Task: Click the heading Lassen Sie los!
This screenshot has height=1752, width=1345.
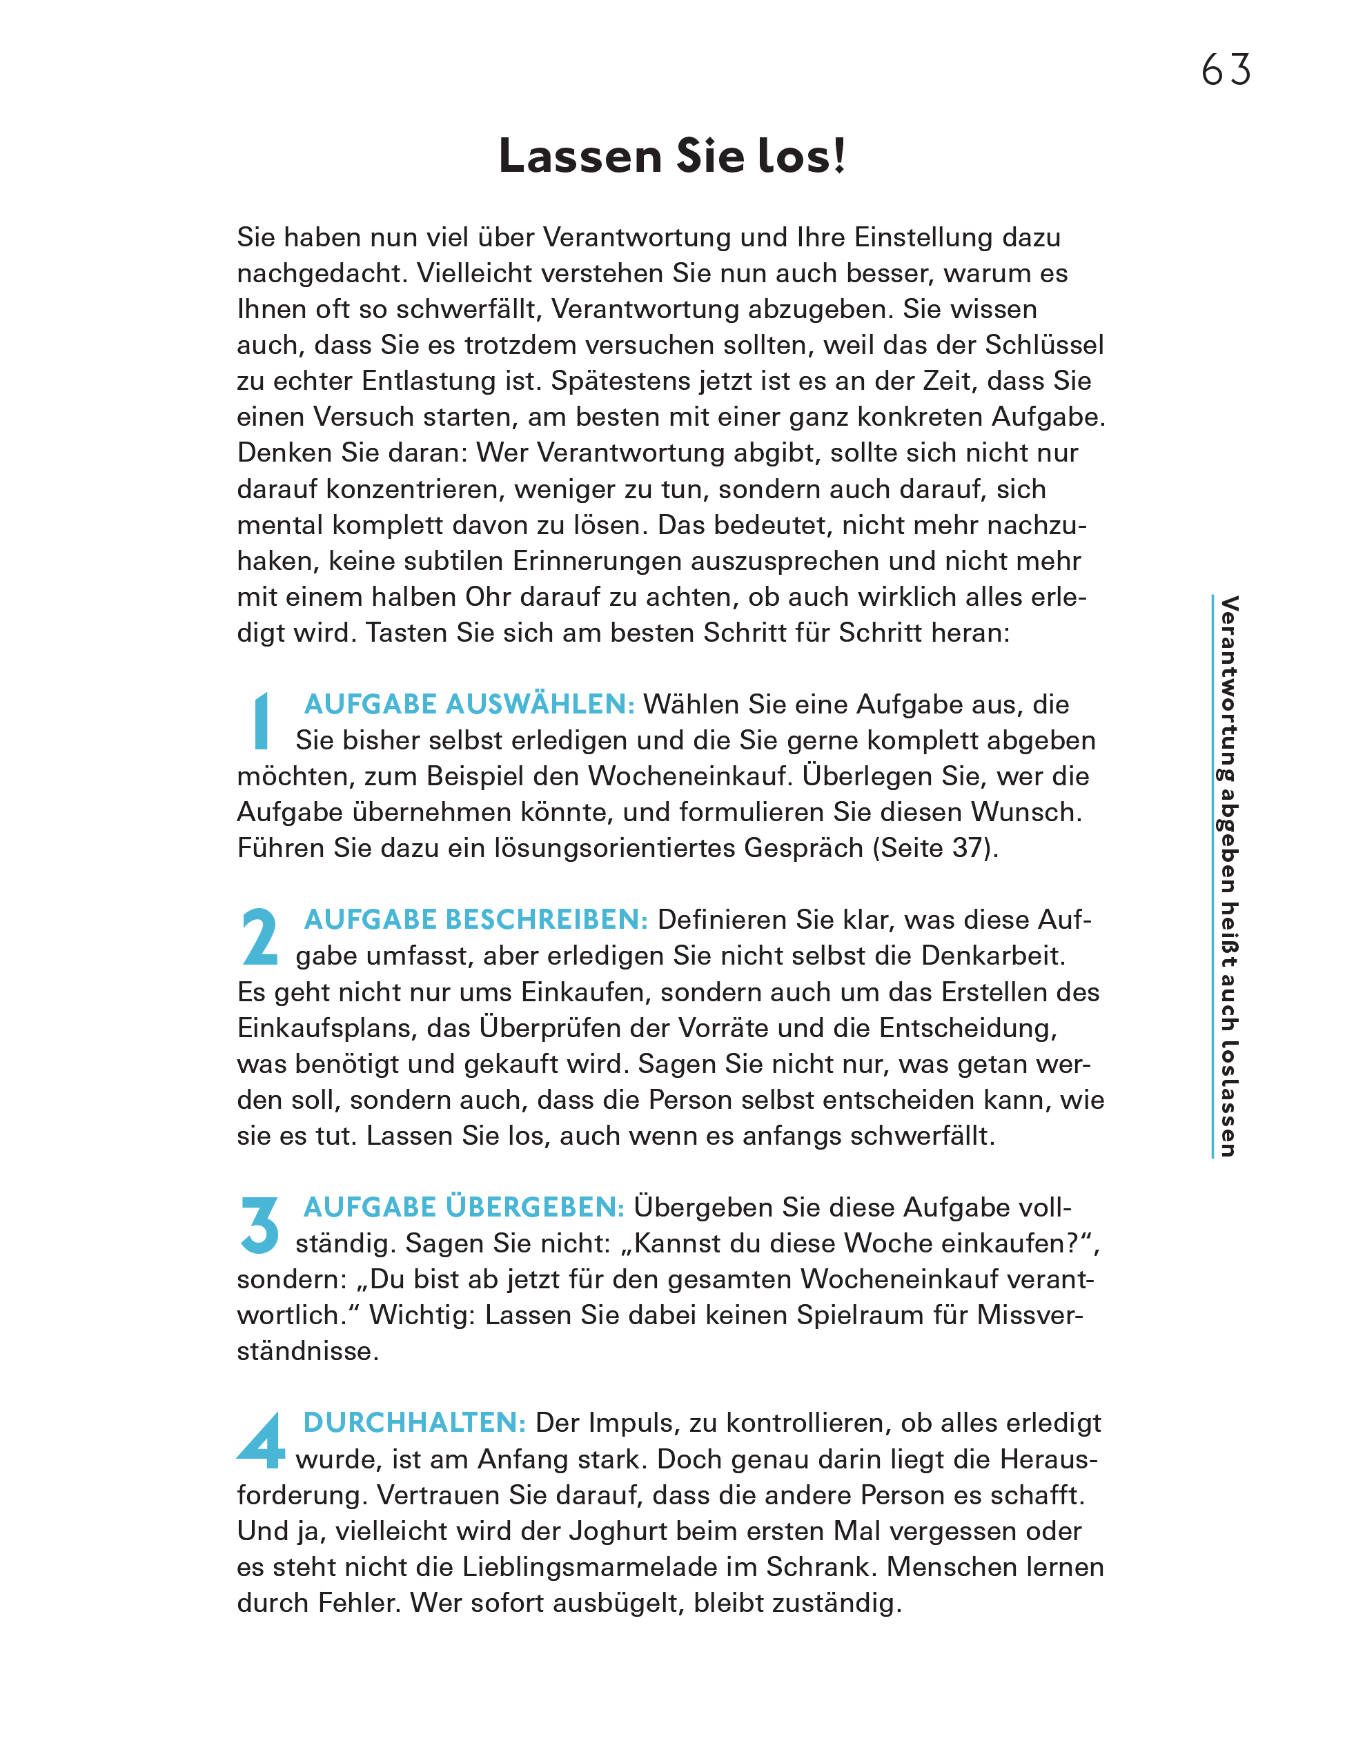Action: coord(671,156)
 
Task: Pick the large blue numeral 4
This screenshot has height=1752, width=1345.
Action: coord(261,1440)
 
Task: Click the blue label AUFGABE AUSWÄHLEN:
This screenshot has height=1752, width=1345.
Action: coord(469,705)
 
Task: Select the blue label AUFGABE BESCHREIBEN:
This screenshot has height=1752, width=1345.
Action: coord(475,920)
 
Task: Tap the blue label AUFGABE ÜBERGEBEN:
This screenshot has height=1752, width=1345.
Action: coord(464,1207)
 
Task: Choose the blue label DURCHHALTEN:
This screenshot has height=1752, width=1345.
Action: coord(414,1422)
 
